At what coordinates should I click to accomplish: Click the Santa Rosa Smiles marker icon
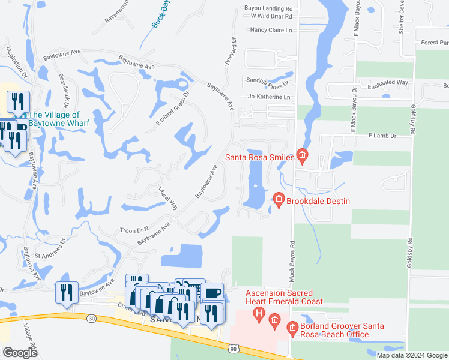coord(302,157)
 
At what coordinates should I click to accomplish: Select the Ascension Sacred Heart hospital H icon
coord(259,313)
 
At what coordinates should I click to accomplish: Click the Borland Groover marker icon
coord(292,328)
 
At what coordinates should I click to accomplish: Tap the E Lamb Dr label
coord(383,137)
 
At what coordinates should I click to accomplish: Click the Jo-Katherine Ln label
coord(269,97)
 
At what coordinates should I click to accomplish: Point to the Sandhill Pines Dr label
coord(268,82)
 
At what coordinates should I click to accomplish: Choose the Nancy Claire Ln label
coord(271,30)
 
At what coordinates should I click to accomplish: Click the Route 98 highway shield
coord(232,348)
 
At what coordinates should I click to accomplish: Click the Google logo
coord(20,353)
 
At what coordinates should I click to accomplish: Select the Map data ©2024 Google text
coord(412,355)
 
